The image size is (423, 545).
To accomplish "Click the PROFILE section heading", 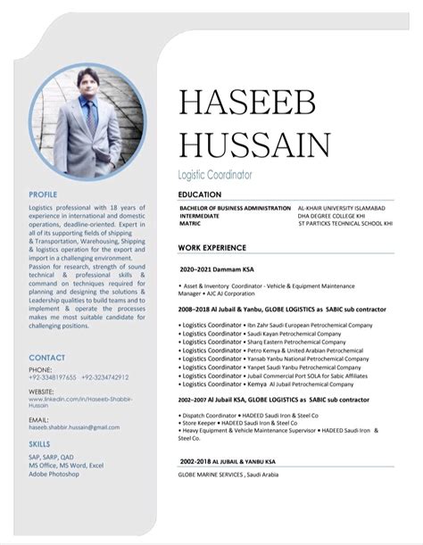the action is pyautogui.click(x=43, y=194).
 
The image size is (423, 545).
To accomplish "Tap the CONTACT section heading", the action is pyautogui.click(x=46, y=358).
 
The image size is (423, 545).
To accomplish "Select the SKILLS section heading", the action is pyautogui.click(x=38, y=442).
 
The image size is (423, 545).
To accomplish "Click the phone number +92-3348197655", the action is pyautogui.click(x=53, y=377).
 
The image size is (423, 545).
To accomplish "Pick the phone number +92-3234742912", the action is pyautogui.click(x=104, y=377).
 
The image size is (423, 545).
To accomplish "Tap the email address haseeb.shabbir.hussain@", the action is pyautogui.click(x=73, y=427).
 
